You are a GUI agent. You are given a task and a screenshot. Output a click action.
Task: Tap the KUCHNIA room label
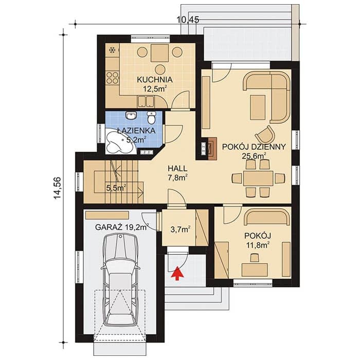click(155, 80)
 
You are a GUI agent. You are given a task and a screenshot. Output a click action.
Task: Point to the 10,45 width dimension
click(188, 20)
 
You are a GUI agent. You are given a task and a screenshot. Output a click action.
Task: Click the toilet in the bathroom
click(151, 118)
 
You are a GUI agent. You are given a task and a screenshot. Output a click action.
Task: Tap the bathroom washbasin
click(131, 116)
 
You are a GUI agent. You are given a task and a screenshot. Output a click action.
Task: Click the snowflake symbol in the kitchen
click(113, 50)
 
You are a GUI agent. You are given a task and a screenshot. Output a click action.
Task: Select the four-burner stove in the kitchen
click(113, 78)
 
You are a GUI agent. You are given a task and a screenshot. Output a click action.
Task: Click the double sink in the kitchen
click(146, 101)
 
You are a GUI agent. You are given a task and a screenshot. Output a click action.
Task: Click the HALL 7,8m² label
click(177, 173)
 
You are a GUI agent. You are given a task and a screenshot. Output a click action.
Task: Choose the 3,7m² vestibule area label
click(180, 229)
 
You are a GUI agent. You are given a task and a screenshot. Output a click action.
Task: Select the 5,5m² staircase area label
click(116, 188)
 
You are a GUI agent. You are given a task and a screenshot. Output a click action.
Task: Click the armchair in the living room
click(265, 135)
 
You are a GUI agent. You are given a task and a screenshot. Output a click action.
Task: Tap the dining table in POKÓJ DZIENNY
click(258, 178)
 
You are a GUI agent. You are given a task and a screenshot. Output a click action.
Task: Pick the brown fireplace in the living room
click(212, 149)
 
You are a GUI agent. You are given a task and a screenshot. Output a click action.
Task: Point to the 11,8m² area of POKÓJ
click(258, 245)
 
